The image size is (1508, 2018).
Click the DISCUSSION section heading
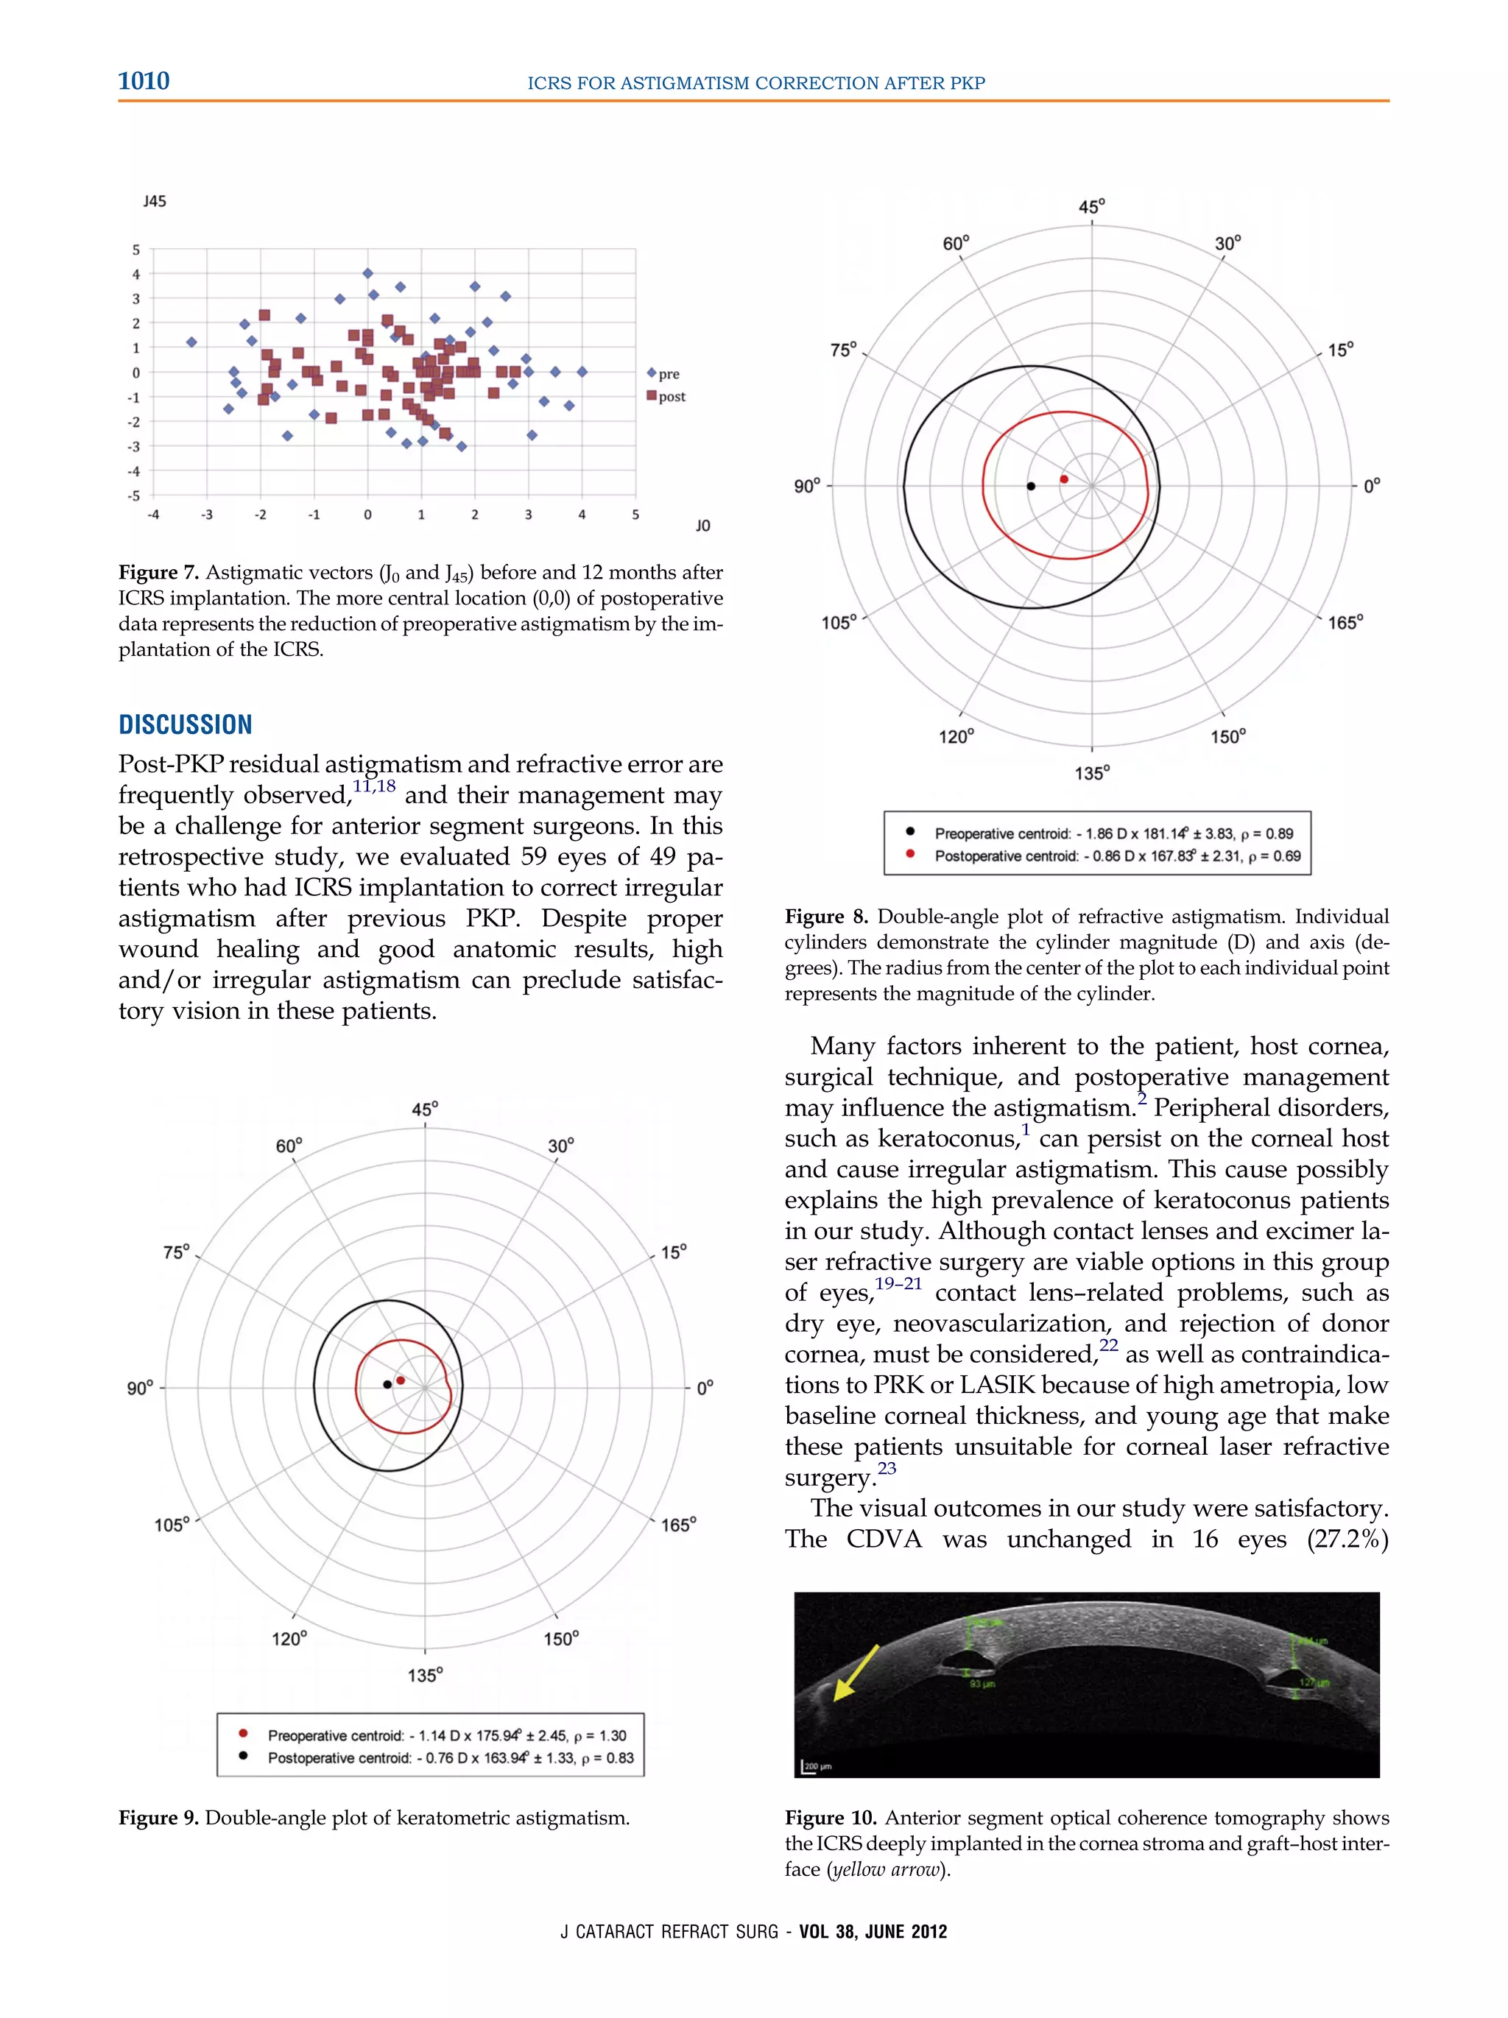coord(186,724)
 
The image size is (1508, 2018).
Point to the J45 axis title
coord(154,201)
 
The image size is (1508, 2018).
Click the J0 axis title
coord(702,526)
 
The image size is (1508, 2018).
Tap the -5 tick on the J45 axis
coord(135,496)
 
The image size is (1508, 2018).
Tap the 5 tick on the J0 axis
coord(635,515)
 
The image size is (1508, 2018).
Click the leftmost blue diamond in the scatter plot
coord(191,342)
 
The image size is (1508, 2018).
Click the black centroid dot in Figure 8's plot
coord(1031,486)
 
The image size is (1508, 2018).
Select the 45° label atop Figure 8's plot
coord(1091,207)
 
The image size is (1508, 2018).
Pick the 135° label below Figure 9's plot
coord(424,1675)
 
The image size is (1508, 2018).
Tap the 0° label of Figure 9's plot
coord(704,1389)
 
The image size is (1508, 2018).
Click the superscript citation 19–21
coord(898,1283)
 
